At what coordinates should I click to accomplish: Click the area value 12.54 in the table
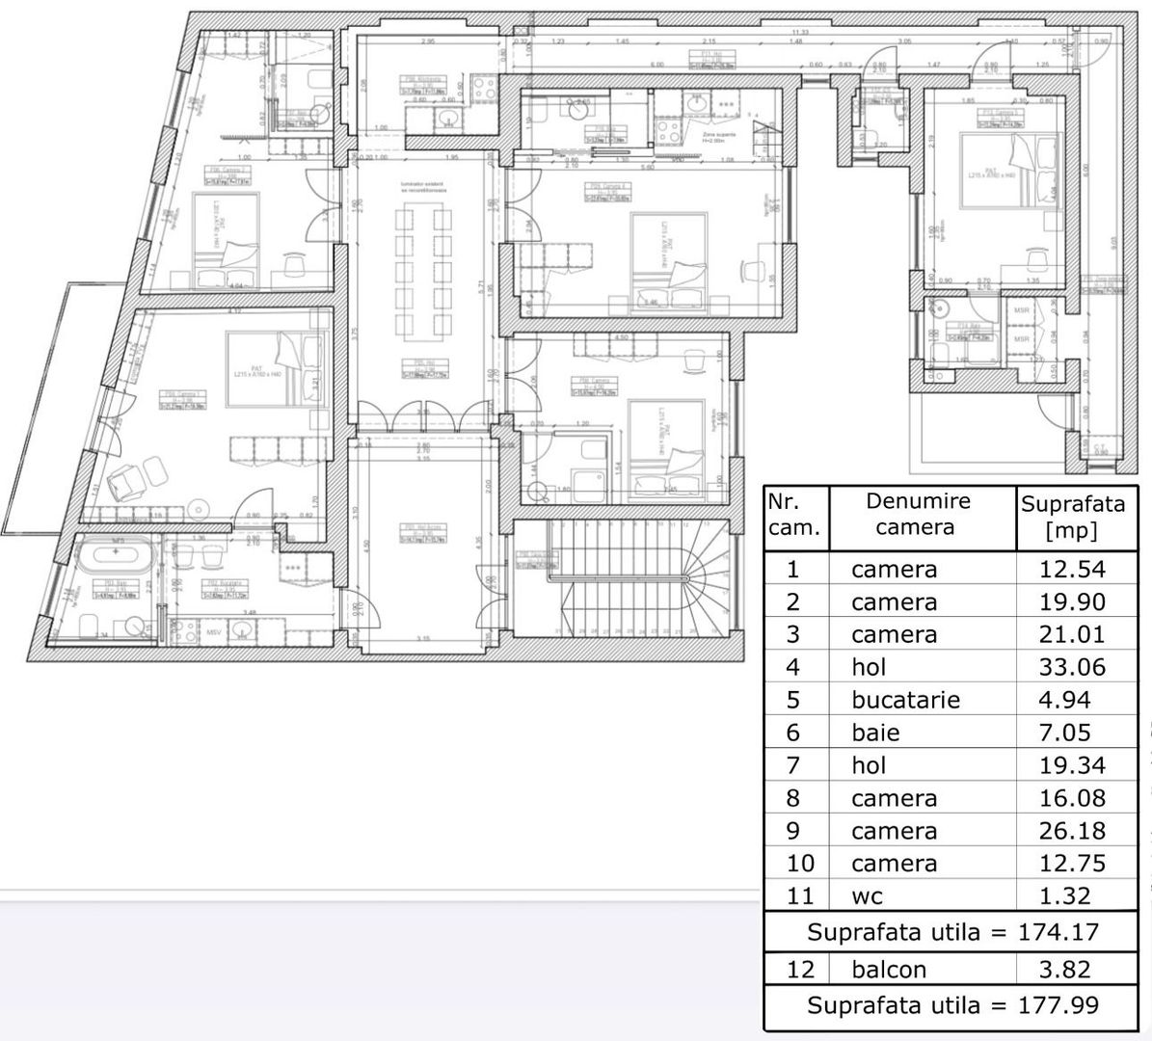pyautogui.click(x=1072, y=569)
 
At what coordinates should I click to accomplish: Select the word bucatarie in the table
pyautogui.click(x=905, y=700)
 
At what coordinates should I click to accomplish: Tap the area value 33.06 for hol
pyautogui.click(x=1072, y=667)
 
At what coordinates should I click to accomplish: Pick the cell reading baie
pyautogui.click(x=875, y=733)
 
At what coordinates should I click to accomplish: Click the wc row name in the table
pyautogui.click(x=867, y=896)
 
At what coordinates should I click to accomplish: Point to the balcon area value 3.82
pyautogui.click(x=1072, y=970)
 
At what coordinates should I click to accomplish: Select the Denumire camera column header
pyautogui.click(x=903, y=514)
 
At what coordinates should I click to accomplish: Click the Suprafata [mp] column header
pyautogui.click(x=1072, y=517)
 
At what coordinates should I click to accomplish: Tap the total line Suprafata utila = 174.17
pyautogui.click(x=952, y=932)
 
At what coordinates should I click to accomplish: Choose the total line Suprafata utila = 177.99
pyautogui.click(x=952, y=1005)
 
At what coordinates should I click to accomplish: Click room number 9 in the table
pyautogui.click(x=793, y=831)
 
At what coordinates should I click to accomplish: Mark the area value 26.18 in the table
pyautogui.click(x=1072, y=831)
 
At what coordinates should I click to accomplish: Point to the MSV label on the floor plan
pyautogui.click(x=218, y=632)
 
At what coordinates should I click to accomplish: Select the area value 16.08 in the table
pyautogui.click(x=1072, y=798)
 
